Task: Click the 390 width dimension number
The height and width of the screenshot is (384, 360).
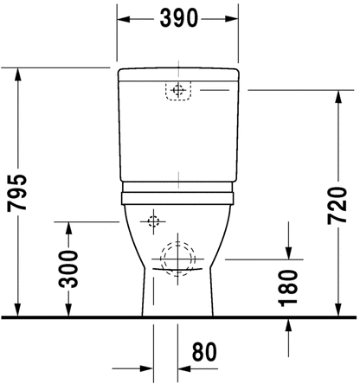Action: (179, 18)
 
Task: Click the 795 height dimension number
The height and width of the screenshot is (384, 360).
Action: (17, 193)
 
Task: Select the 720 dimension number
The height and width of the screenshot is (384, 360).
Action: (337, 206)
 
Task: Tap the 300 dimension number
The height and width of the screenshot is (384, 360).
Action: (68, 269)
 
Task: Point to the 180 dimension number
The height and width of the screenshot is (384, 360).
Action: (287, 288)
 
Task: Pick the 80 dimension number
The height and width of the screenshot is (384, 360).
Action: (204, 352)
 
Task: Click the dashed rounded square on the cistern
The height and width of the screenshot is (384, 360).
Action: (178, 91)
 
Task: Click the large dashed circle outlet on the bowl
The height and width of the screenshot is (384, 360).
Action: (178, 259)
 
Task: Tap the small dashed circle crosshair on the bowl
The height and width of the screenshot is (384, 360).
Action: (153, 221)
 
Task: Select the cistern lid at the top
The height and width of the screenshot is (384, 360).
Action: (178, 74)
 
